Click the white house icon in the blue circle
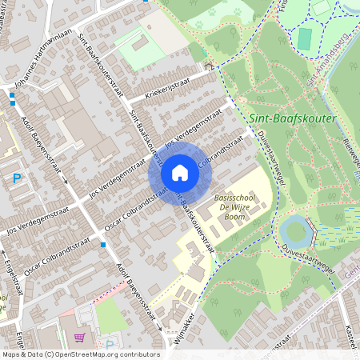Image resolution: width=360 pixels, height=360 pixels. coord(180,173)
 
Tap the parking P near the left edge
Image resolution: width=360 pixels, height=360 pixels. coord(17,179)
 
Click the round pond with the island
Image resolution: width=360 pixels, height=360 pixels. coord(297,231)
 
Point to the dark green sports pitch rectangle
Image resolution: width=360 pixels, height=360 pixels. coord(305,38)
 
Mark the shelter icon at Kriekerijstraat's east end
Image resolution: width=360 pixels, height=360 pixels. coord(210,66)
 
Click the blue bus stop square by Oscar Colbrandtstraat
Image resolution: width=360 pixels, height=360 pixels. coord(103,245)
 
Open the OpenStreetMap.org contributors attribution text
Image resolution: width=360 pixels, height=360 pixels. coord(104,354)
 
